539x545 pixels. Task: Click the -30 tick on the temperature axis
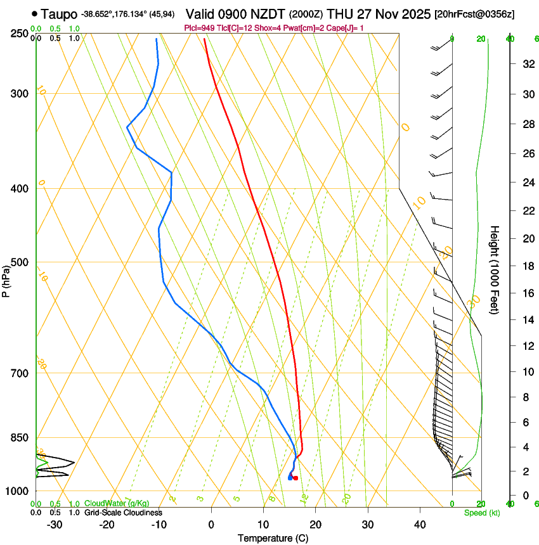[55, 524]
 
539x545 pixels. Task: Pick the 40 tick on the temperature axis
[420, 524]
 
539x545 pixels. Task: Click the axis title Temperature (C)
[273, 538]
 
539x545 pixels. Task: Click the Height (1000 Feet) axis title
[495, 270]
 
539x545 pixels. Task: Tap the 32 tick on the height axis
[526, 64]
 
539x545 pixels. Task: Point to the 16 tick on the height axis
[526, 293]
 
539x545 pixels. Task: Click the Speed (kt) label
[481, 513]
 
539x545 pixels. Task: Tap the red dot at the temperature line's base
[295, 478]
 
